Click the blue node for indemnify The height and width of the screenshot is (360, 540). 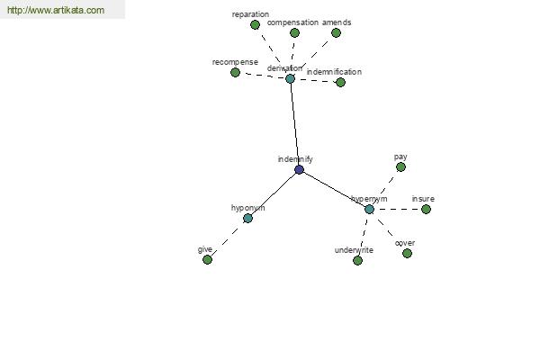(299, 169)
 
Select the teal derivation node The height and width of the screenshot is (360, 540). (290, 78)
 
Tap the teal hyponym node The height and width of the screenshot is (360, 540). (247, 218)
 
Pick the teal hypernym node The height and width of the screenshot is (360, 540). (369, 209)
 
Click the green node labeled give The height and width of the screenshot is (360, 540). (207, 259)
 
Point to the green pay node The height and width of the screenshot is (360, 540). (400, 167)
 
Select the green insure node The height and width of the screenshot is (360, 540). (426, 209)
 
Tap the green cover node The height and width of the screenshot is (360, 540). (407, 253)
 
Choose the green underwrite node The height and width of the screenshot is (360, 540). (357, 260)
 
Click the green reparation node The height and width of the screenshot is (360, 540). (255, 25)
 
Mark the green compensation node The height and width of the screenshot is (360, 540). (294, 32)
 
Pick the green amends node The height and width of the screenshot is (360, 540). (336, 32)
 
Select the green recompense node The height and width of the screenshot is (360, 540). (235, 72)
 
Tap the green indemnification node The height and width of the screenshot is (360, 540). (340, 82)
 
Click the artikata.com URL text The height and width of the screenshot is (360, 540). (56, 10)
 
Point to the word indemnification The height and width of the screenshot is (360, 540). (334, 72)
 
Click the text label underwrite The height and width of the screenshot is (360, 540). (354, 250)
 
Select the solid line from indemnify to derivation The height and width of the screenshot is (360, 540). (294, 124)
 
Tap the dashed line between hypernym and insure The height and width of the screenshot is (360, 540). (398, 209)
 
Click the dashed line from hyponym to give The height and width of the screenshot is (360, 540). (228, 238)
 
